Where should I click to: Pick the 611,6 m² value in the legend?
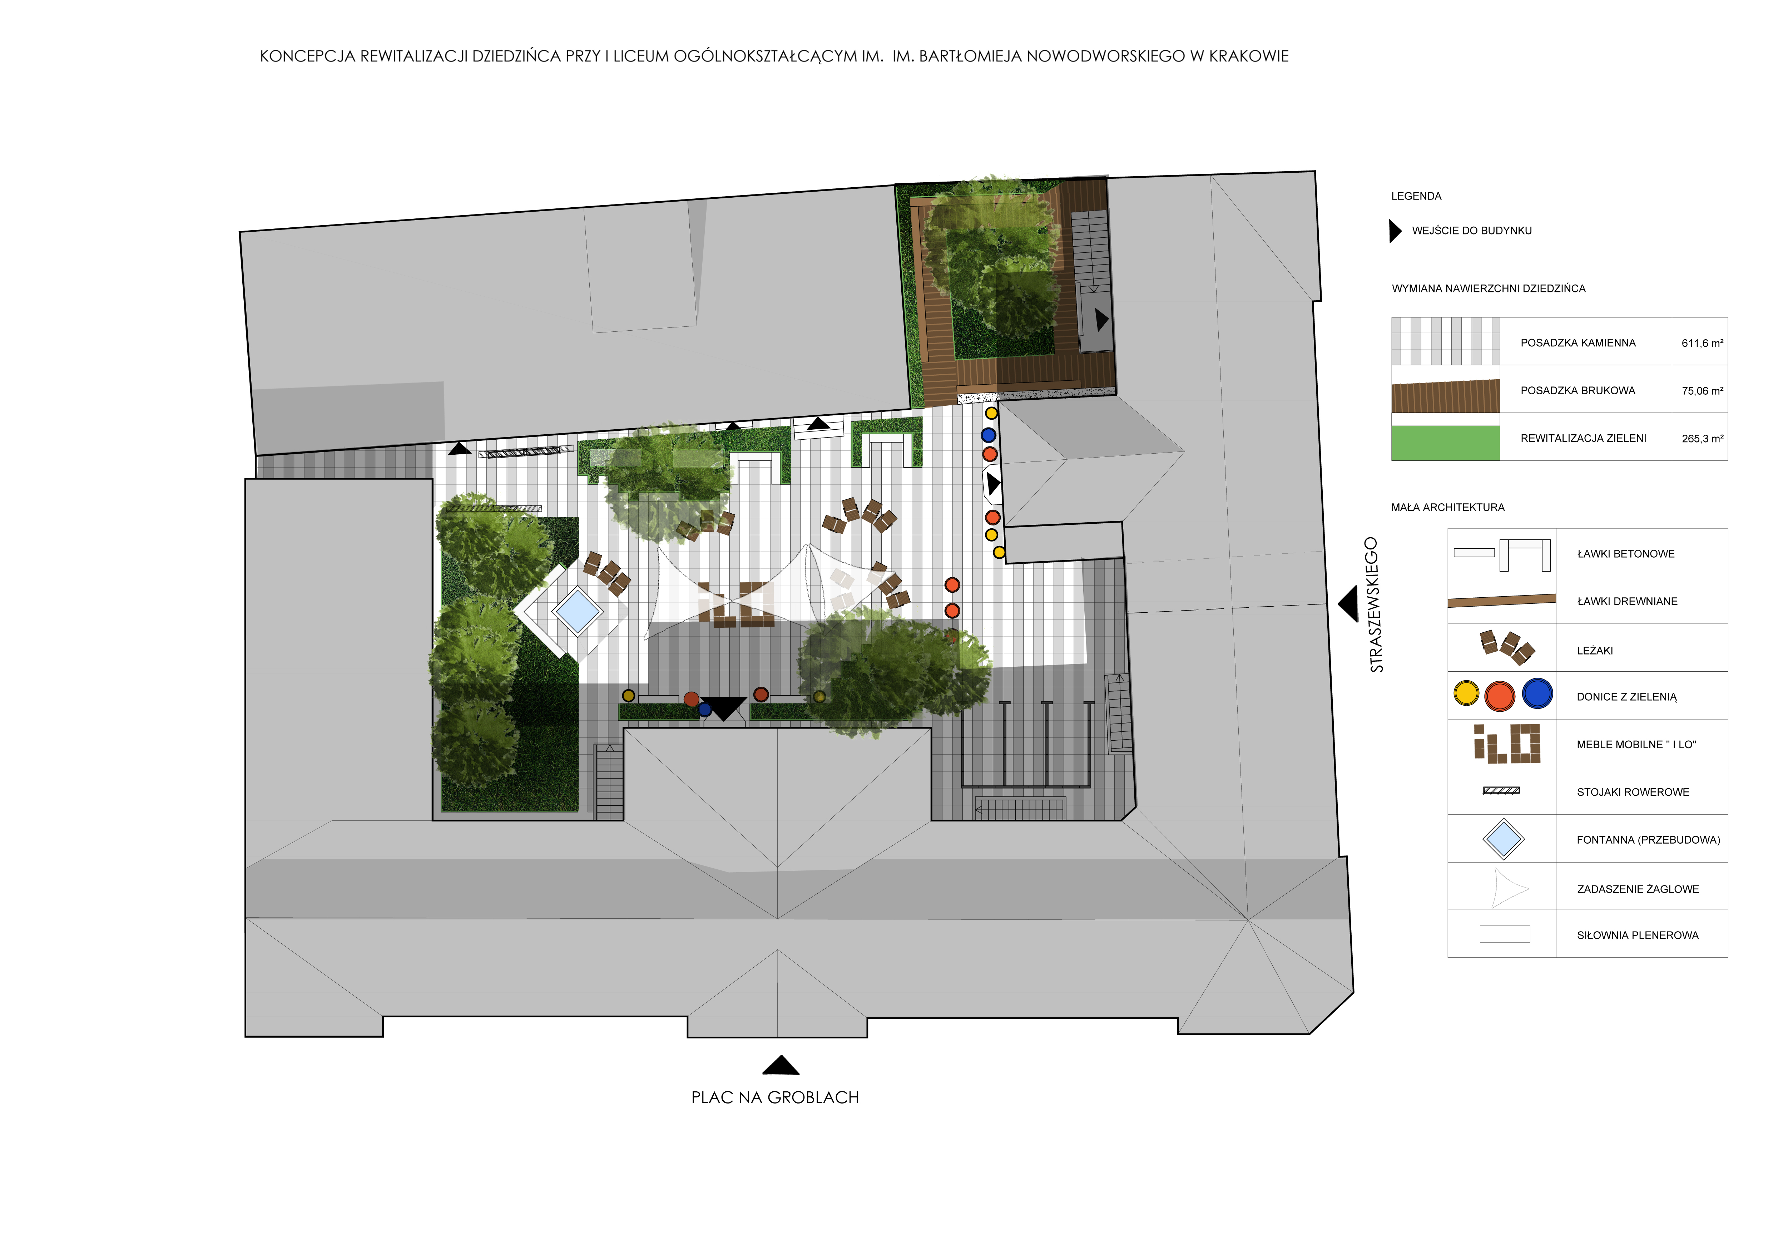tap(1703, 343)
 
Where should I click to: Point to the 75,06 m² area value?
tap(1703, 391)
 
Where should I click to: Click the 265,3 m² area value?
tap(1703, 439)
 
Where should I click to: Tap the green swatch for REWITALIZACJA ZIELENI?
tap(1446, 443)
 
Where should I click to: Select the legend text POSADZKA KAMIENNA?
tap(1578, 343)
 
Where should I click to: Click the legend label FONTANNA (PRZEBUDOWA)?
tap(1648, 840)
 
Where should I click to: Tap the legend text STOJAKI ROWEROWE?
tap(1633, 792)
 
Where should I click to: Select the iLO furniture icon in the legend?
tap(1507, 744)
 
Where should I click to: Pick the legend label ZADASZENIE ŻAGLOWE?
tap(1638, 889)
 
